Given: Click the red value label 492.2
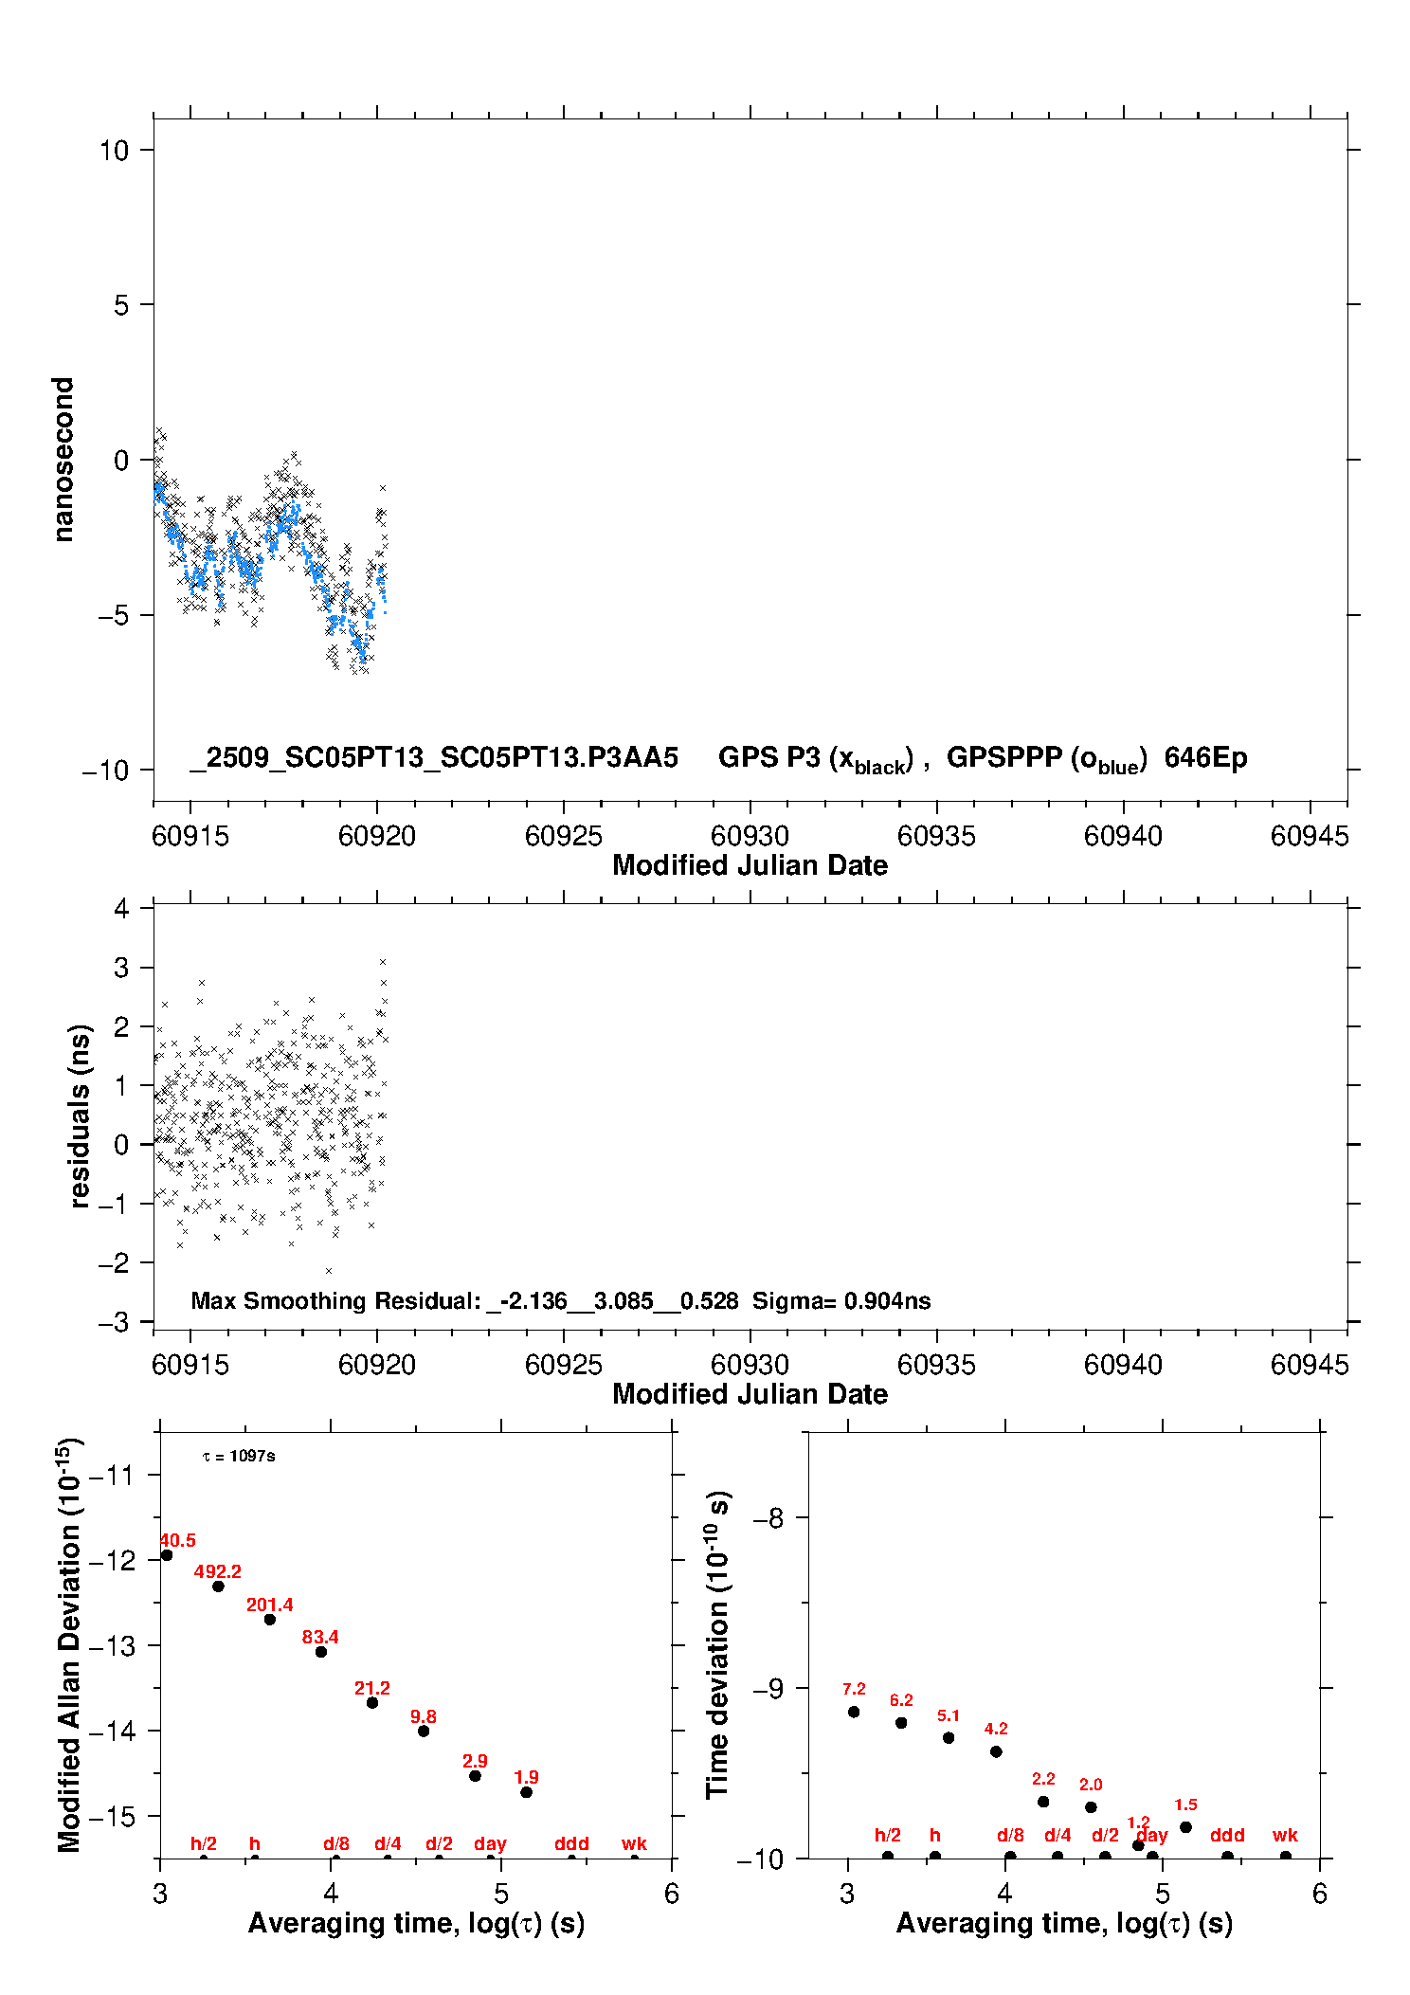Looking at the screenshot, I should tap(217, 1571).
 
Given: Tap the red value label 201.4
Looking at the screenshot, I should tap(269, 1605).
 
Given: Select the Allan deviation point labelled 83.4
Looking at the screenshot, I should tap(321, 1652).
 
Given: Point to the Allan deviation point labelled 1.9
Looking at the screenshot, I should tap(527, 1792).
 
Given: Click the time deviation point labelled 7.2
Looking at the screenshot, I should tap(854, 1712).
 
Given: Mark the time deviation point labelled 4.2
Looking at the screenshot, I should tap(996, 1751).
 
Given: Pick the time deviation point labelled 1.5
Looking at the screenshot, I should tap(1185, 1827).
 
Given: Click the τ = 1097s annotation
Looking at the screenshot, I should tap(239, 1456).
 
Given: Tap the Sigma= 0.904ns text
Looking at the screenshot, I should tap(841, 1300).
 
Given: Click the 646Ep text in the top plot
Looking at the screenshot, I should tap(1205, 757).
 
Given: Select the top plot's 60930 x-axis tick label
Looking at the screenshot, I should tap(750, 836).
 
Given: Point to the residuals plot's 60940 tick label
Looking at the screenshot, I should tap(1123, 1365).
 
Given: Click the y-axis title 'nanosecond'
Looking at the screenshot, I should tap(63, 460).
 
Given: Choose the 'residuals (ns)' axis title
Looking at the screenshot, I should tap(80, 1115).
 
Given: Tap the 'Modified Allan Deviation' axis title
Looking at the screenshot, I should tap(68, 1644).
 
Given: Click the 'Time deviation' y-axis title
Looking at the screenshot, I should tap(717, 1644).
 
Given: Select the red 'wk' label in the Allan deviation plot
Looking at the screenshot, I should tap(634, 1843).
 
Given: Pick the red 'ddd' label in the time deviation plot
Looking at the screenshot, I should tap(1227, 1835).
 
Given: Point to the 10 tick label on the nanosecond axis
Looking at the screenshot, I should tap(114, 150).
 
